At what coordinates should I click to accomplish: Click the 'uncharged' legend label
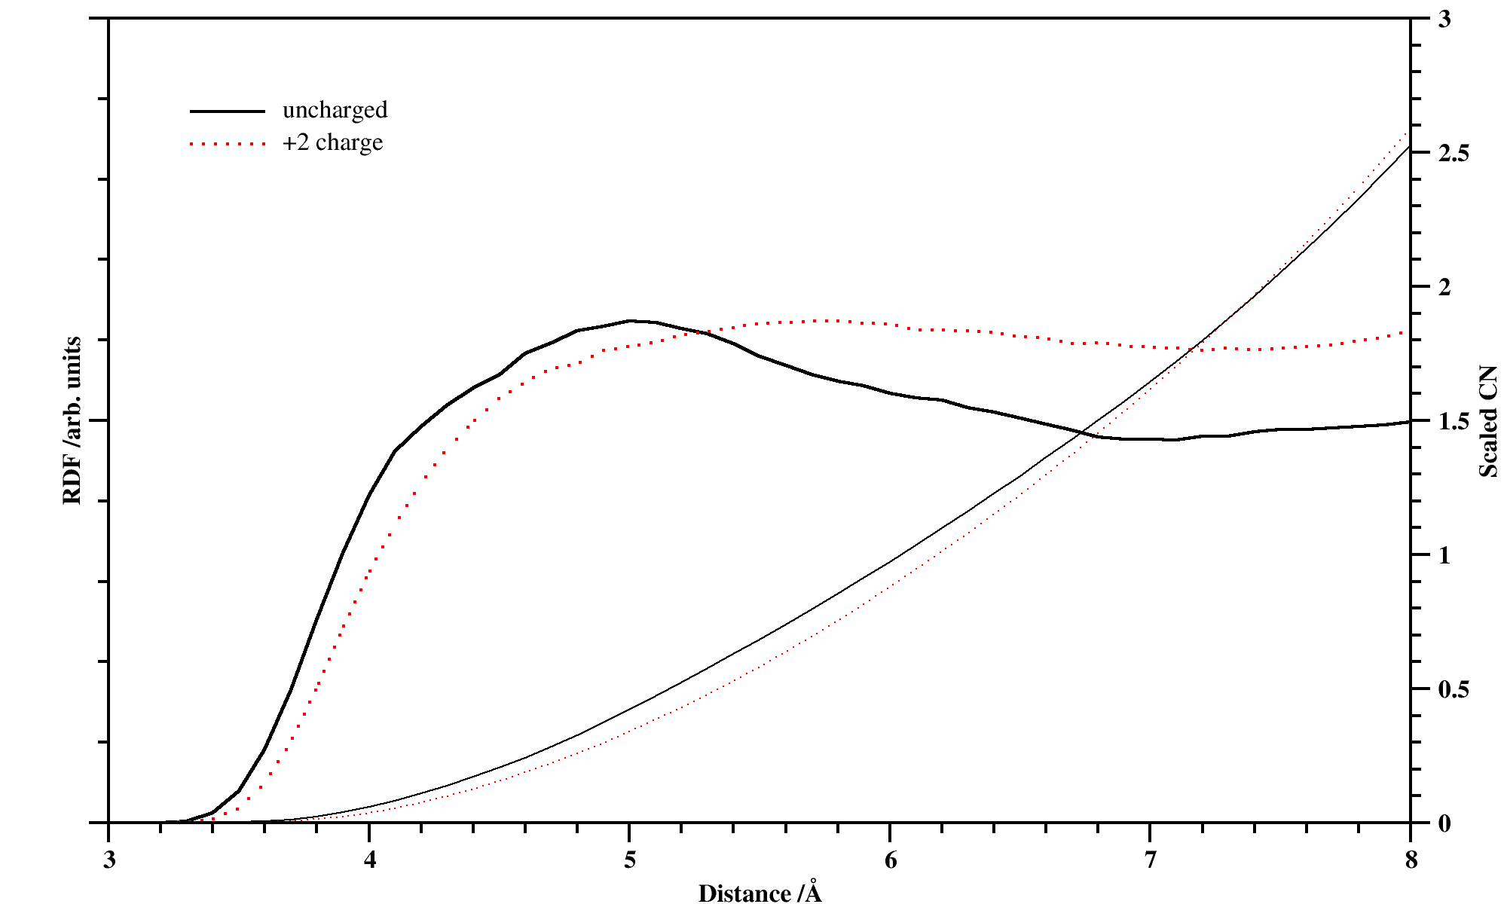click(335, 110)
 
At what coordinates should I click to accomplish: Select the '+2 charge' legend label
click(332, 142)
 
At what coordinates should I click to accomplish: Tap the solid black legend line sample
click(228, 111)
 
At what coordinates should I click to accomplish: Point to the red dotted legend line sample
click(228, 143)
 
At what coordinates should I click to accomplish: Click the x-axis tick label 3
click(109, 860)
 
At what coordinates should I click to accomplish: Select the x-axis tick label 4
click(369, 860)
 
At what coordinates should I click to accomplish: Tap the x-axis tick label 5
click(630, 860)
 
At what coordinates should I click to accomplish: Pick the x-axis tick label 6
click(891, 860)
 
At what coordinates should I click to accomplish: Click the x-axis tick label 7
click(1150, 860)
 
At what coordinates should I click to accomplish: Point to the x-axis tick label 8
click(1411, 860)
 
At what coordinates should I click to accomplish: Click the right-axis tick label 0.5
click(1453, 689)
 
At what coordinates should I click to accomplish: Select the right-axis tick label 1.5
click(1453, 421)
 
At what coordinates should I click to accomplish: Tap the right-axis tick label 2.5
click(1453, 153)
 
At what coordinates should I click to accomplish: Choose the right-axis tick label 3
click(1444, 20)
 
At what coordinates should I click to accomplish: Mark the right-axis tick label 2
click(1444, 287)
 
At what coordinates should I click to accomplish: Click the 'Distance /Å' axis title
click(760, 893)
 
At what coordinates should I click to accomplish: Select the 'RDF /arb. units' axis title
click(72, 420)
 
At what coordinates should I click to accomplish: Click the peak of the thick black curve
click(630, 320)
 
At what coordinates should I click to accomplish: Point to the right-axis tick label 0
click(1444, 823)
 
